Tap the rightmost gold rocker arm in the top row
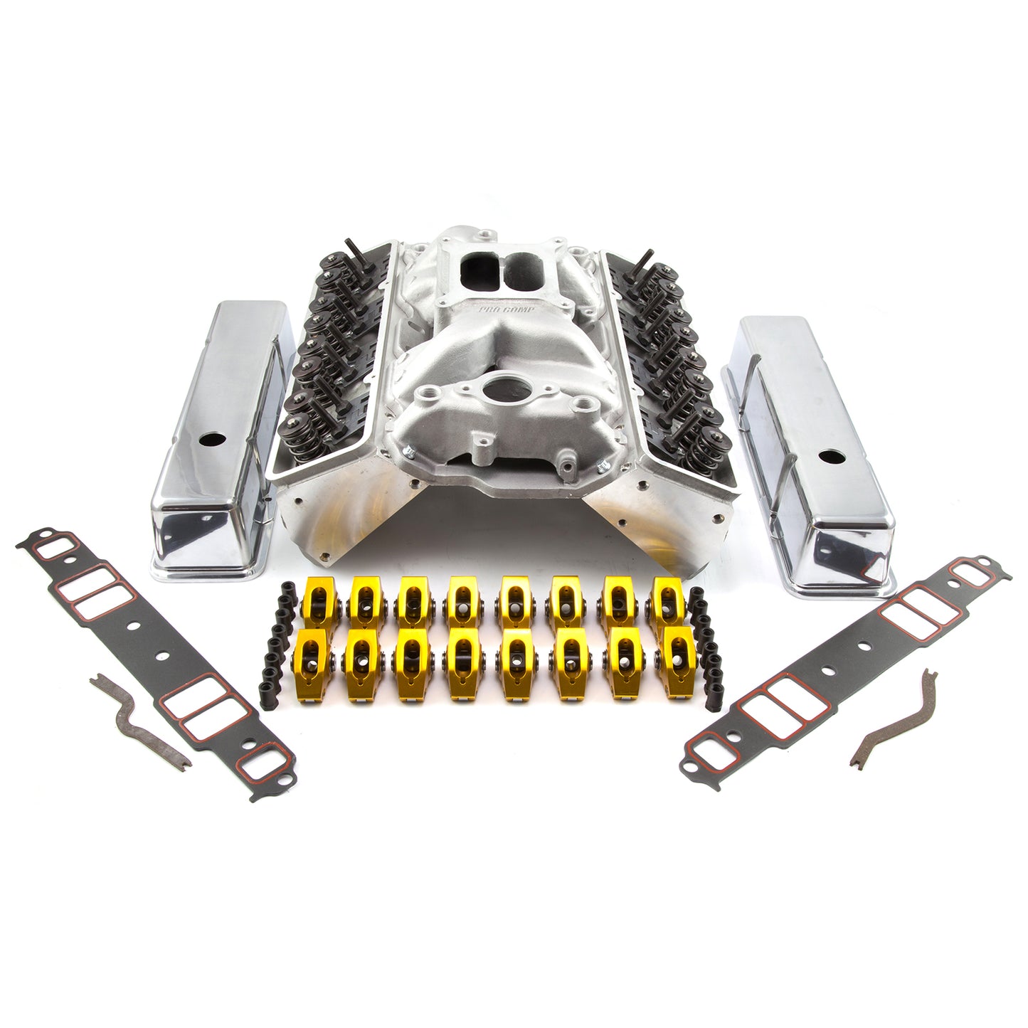click(667, 598)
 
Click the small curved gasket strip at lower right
click(895, 718)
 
